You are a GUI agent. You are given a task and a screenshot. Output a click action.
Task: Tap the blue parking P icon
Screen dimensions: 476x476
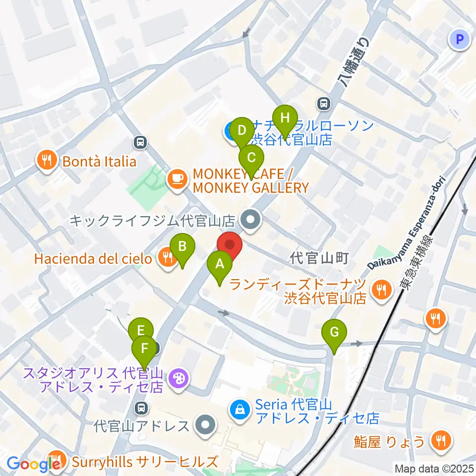(x=459, y=40)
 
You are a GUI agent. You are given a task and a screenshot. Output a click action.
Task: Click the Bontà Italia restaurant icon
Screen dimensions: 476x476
(x=46, y=161)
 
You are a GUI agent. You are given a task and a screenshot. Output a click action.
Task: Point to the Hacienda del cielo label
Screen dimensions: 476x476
(x=93, y=258)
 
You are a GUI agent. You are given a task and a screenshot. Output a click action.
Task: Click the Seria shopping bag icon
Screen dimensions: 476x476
(x=239, y=410)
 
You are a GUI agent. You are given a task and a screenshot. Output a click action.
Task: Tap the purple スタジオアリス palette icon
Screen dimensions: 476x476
(x=176, y=380)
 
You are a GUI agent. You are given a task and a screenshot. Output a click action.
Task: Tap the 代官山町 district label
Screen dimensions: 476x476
(x=320, y=258)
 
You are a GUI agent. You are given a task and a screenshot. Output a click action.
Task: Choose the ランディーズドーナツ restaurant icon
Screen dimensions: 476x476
(x=381, y=289)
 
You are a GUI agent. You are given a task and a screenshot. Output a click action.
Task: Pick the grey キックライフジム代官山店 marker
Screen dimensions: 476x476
(x=251, y=219)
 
